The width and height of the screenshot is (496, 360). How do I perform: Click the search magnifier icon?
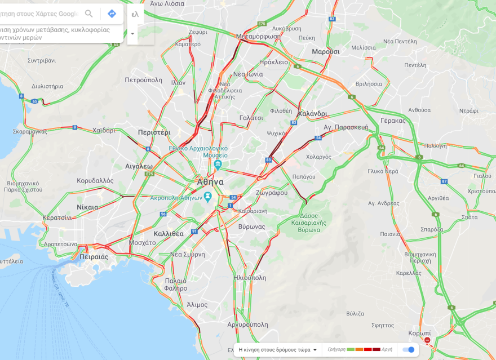pos(89,14)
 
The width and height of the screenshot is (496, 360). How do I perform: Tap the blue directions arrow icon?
pos(112,14)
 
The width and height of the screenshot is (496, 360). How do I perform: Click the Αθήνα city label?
pos(210,182)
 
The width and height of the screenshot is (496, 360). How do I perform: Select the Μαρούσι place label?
pos(326,51)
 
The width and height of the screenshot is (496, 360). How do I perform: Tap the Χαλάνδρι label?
pos(312,113)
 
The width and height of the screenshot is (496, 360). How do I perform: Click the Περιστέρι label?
pos(154,132)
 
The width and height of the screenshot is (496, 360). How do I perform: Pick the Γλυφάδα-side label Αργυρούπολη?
pos(247,325)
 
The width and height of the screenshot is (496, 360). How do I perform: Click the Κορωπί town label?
pos(419,333)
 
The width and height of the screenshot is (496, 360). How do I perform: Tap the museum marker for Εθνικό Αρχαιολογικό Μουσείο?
pos(218,165)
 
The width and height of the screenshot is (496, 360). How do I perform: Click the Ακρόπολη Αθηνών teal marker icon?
pos(207,197)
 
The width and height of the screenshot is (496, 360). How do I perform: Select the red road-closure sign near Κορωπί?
pos(427,341)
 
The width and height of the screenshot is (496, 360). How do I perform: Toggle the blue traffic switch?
pos(409,349)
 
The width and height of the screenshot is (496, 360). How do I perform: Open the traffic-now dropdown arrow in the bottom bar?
pos(315,349)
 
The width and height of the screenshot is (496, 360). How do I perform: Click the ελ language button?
pos(135,14)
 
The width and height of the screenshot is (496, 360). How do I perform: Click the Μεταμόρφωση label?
pos(258,36)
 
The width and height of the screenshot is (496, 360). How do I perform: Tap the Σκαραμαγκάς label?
pos(30,131)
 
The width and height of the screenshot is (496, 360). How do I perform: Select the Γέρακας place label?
pos(393,121)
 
